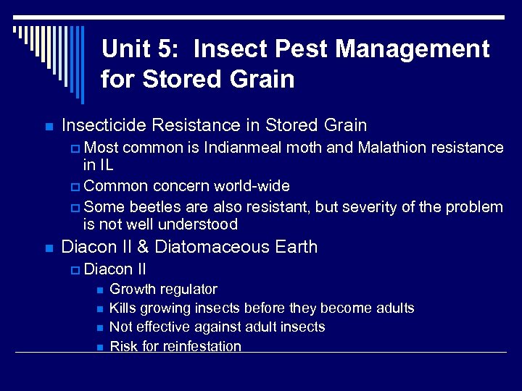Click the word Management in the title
tap(415, 49)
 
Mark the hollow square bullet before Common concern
tap(76, 187)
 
